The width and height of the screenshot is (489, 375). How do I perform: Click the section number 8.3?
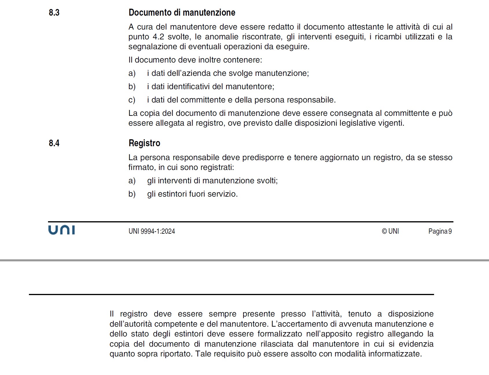pyautogui.click(x=54, y=12)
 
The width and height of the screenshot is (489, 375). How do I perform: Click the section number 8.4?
pyautogui.click(x=54, y=143)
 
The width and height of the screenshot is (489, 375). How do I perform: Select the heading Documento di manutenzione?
pyautogui.click(x=182, y=12)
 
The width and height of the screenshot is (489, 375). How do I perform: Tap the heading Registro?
pyautogui.click(x=144, y=143)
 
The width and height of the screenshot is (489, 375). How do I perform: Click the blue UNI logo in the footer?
pyautogui.click(x=62, y=230)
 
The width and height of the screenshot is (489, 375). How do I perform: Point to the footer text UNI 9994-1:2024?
pyautogui.click(x=152, y=231)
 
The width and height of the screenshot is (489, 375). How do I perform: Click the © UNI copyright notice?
pyautogui.click(x=390, y=231)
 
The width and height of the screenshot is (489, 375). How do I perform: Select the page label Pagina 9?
pyautogui.click(x=440, y=231)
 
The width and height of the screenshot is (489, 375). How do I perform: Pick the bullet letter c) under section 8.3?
pyautogui.click(x=132, y=100)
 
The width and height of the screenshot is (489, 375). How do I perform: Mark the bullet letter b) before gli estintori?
pyautogui.click(x=132, y=194)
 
